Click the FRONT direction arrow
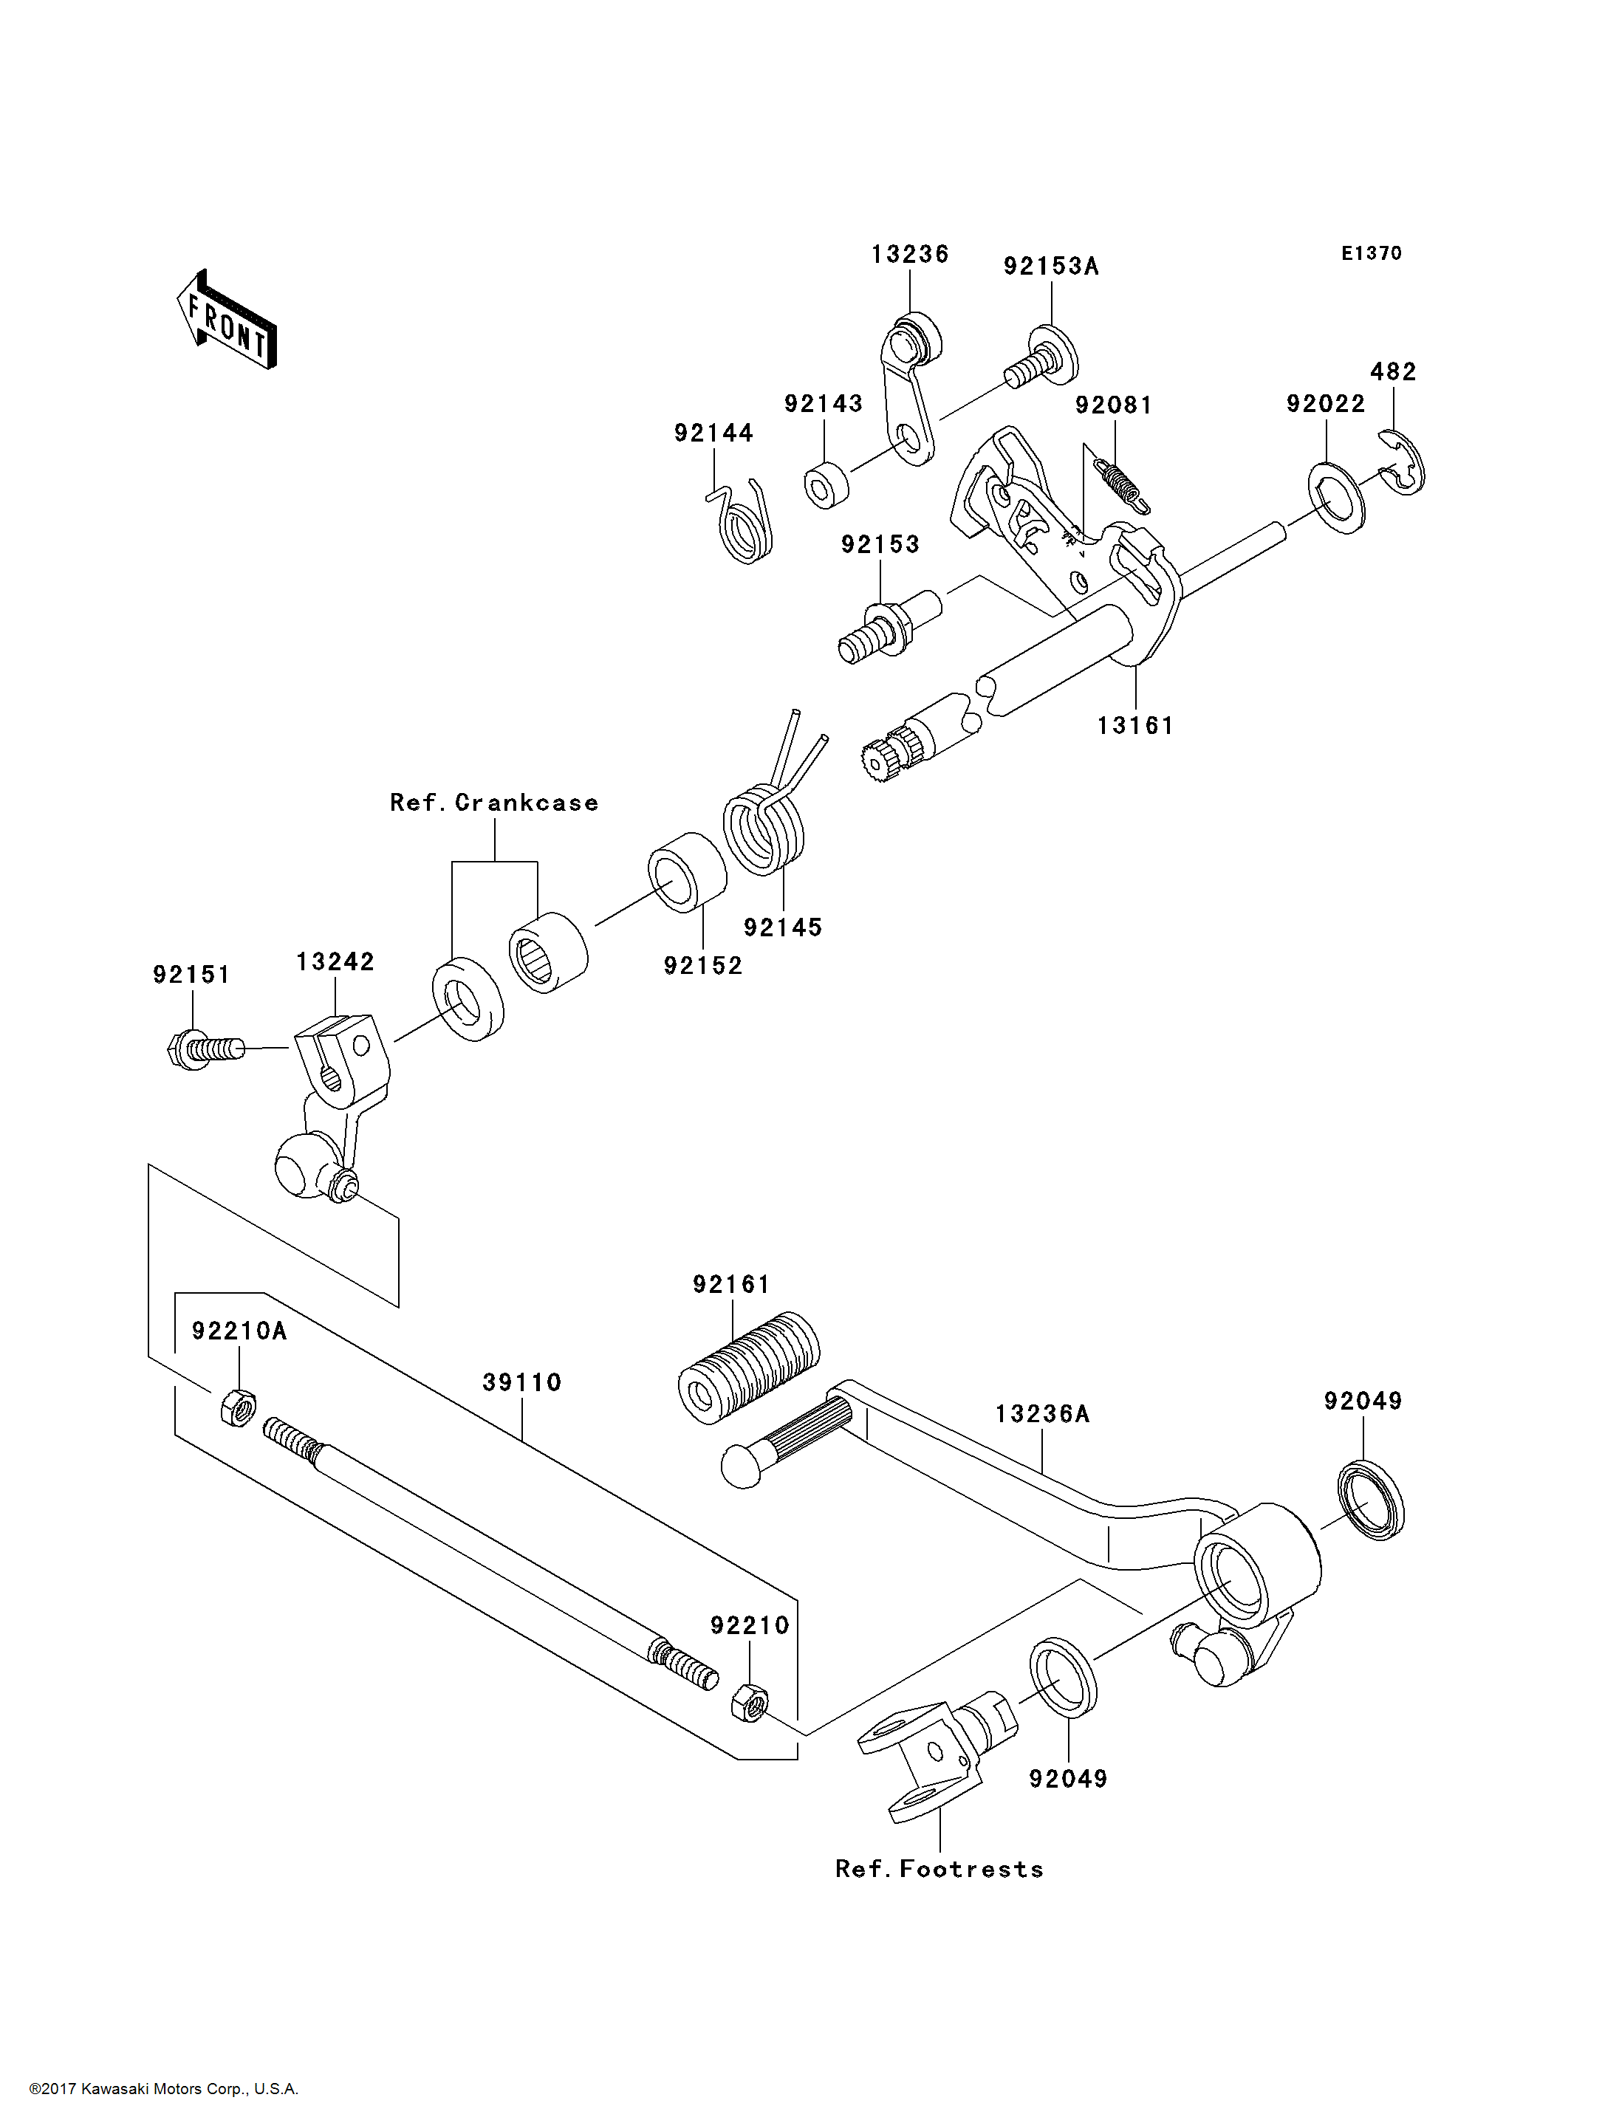tap(227, 320)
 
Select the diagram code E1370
tap(1372, 253)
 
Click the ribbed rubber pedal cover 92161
tap(749, 1366)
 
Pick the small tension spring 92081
tap(1123, 484)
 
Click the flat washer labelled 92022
tap(1337, 498)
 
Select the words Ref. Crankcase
tap(493, 803)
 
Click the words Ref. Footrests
tap(939, 1870)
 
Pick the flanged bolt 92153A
tap(1043, 358)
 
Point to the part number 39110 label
tap(521, 1383)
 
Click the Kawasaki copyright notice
tap(164, 2089)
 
